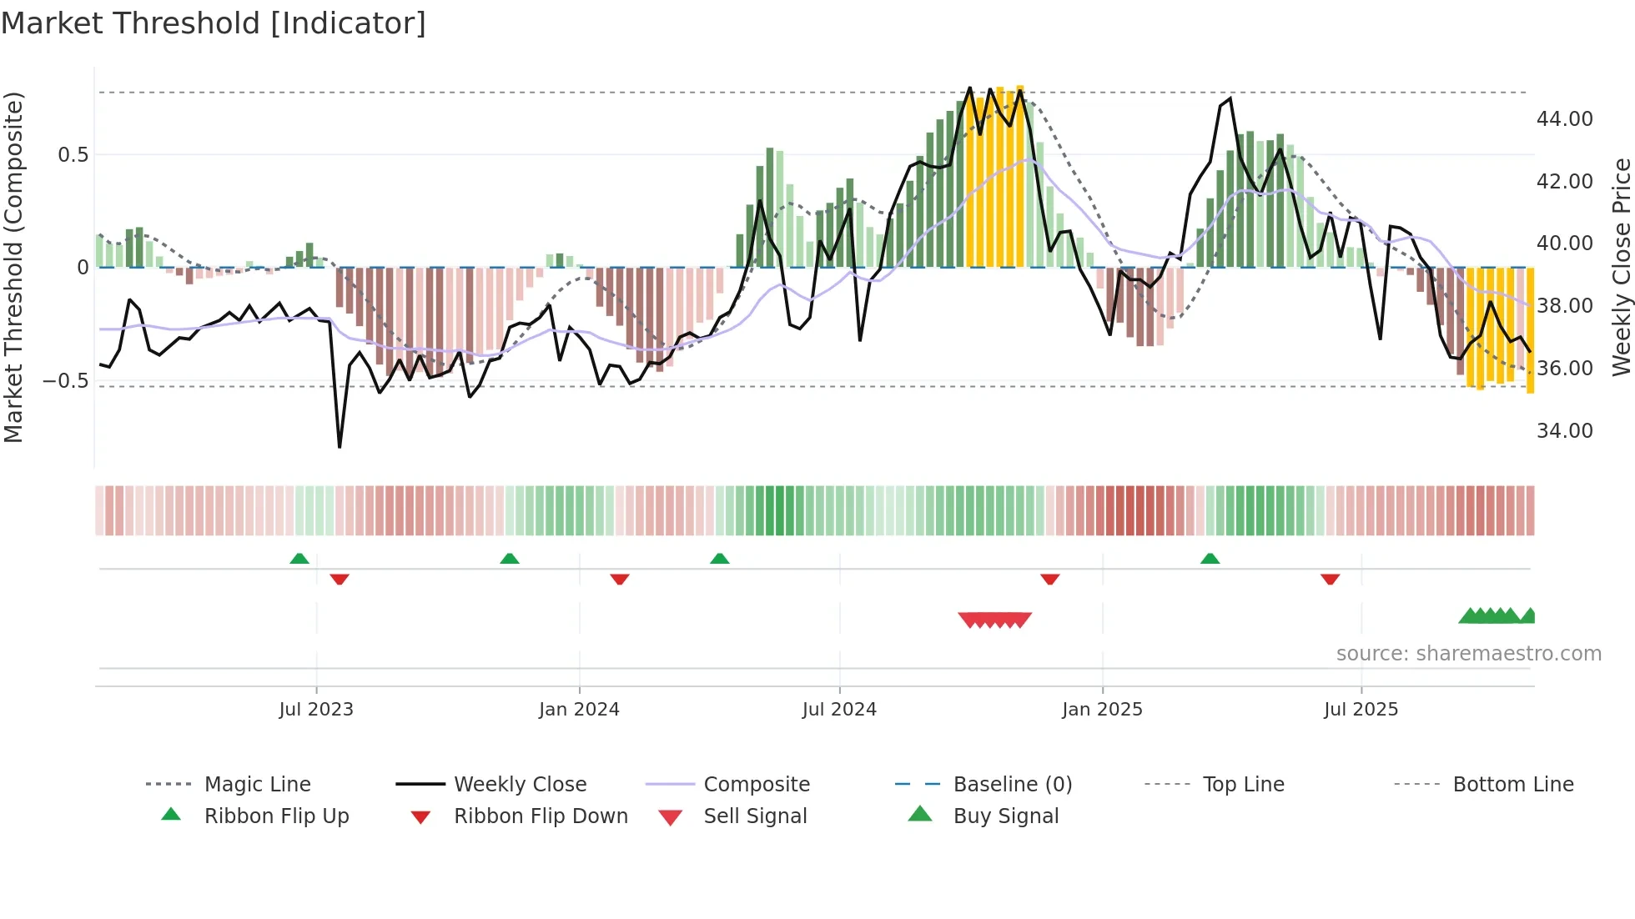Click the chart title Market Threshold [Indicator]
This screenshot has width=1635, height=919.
[x=214, y=23]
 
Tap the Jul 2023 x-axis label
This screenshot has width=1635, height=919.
[x=316, y=710]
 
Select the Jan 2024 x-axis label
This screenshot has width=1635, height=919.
[x=579, y=710]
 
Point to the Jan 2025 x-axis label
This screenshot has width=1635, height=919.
[x=1102, y=710]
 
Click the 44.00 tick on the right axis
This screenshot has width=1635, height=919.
[x=1564, y=119]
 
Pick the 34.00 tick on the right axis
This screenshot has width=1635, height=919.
[x=1564, y=431]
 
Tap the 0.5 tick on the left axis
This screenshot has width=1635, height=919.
[x=73, y=155]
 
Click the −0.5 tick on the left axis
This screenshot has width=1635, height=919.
[x=66, y=381]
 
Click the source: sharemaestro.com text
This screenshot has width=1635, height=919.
[x=1468, y=654]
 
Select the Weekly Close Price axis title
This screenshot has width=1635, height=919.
[x=1621, y=267]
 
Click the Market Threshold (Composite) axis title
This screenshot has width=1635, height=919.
[x=13, y=267]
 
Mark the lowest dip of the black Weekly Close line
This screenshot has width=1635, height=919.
[x=340, y=447]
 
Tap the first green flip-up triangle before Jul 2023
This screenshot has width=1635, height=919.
[x=299, y=558]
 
